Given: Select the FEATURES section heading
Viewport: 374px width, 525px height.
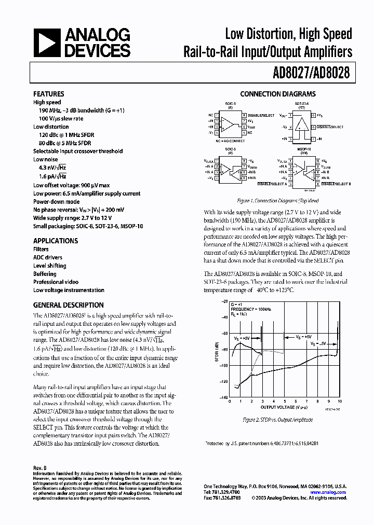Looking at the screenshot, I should (x=48, y=94).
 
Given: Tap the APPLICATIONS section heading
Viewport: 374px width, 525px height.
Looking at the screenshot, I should (x=55, y=241).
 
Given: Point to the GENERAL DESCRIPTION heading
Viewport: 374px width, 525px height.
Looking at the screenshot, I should (x=68, y=305).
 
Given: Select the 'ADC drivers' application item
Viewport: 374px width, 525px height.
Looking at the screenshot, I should (x=47, y=257).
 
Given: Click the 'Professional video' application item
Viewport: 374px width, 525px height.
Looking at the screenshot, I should (x=56, y=282).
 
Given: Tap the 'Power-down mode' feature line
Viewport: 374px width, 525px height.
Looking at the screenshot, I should (x=56, y=201).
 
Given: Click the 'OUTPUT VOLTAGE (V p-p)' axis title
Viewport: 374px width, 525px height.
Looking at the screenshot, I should (x=286, y=407).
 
